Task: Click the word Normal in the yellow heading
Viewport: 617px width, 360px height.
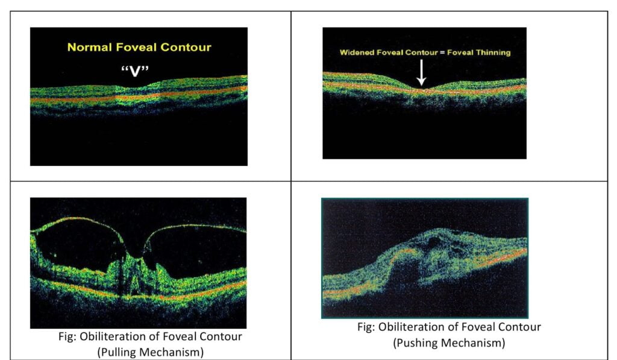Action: tap(87, 47)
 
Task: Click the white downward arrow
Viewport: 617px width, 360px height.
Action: tap(421, 72)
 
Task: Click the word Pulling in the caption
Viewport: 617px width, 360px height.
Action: tap(122, 352)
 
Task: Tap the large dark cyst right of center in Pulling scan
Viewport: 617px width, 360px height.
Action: tap(199, 247)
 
